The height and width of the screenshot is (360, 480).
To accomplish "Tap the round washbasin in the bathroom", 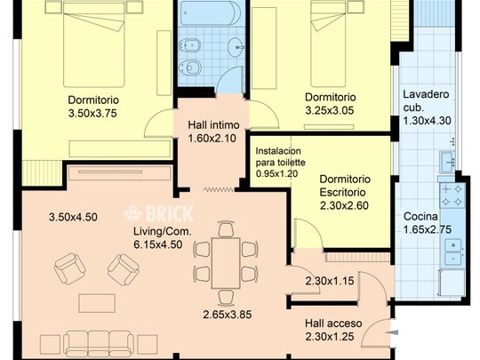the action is point(236,47).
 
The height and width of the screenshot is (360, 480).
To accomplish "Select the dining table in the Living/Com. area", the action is point(226,263).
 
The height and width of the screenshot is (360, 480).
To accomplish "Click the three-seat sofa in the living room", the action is point(99,343).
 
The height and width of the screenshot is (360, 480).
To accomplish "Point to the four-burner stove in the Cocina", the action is point(452,195).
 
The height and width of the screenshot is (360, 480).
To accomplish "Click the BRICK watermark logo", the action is point(158,212).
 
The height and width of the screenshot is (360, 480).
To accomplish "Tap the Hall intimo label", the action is point(213,125).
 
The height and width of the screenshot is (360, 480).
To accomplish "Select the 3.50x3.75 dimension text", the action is point(92,113).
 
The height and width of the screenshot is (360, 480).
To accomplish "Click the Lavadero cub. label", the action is point(426,100).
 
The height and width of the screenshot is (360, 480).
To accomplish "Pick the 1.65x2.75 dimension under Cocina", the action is point(427,229).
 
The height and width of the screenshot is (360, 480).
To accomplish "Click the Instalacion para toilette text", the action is point(280,156).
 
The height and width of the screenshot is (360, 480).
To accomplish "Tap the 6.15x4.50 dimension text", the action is point(158,244).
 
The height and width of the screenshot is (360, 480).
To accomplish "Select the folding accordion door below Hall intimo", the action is point(219,190).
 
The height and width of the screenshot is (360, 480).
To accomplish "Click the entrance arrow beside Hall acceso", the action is point(393,332).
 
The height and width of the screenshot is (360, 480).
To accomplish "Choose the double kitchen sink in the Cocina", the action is point(453,252).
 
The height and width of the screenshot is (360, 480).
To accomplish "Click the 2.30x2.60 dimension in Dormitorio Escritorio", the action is point(344,205).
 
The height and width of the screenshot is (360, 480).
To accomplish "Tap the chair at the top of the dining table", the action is point(227,228).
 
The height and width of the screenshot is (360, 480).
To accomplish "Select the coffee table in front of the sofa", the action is point(97,303).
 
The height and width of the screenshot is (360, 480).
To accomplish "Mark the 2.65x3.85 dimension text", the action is point(228,315).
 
